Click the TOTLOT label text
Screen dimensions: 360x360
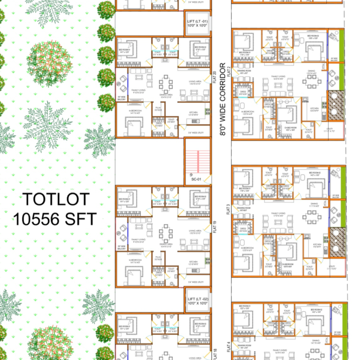click(x=57, y=199)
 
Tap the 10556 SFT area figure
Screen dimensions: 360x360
click(x=55, y=219)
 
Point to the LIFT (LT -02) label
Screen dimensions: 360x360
click(x=197, y=301)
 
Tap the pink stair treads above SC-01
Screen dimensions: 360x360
click(x=198, y=160)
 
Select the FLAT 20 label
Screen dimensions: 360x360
click(x=214, y=78)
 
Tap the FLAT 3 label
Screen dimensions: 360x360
click(x=229, y=208)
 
